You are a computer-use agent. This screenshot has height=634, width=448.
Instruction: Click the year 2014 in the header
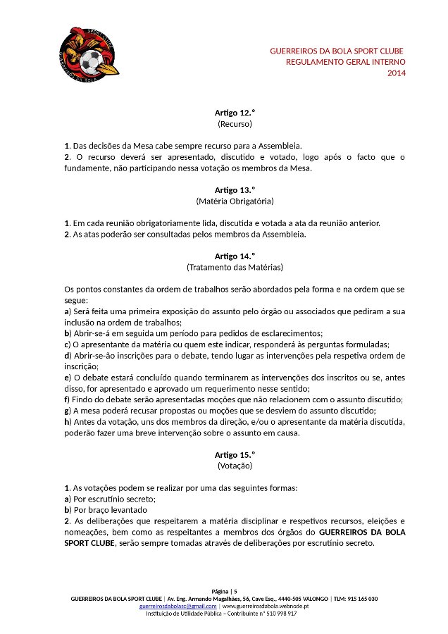tap(397, 73)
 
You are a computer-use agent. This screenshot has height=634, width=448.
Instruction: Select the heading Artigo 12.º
tap(235, 113)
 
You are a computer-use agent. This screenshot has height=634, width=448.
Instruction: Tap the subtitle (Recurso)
tap(235, 123)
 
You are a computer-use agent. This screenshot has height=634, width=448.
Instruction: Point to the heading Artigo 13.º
tap(235, 190)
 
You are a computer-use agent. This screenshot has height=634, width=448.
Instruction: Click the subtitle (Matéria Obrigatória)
tap(235, 201)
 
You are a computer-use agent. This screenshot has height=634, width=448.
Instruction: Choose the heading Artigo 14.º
tap(235, 256)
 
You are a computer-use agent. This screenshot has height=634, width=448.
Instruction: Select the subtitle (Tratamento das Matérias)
tap(235, 267)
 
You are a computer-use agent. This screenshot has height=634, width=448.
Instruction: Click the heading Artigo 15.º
tap(235, 454)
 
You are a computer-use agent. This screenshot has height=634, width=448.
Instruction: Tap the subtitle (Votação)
tap(235, 466)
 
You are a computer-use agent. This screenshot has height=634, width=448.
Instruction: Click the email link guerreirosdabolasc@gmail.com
tap(178, 606)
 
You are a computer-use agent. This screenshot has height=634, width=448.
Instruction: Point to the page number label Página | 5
tap(225, 591)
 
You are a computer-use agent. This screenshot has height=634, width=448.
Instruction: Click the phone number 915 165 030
tap(361, 599)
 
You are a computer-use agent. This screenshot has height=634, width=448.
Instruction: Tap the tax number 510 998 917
tap(280, 614)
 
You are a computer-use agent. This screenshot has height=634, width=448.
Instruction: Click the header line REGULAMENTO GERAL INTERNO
tap(345, 62)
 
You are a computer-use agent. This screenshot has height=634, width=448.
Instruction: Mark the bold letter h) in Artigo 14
tap(68, 421)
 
